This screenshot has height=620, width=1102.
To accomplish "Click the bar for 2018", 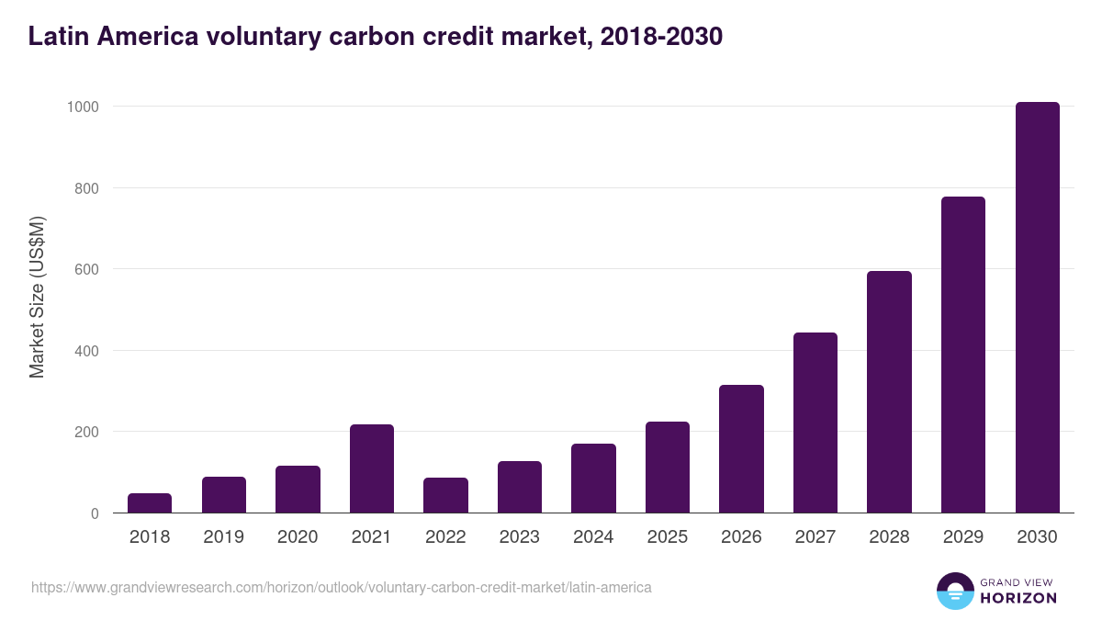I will click(150, 503).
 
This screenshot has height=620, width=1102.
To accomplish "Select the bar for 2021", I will click(372, 468).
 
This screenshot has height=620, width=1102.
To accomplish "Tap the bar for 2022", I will click(445, 495).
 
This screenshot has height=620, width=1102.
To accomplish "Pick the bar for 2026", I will click(741, 448).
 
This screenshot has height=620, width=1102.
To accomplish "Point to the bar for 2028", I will click(889, 392).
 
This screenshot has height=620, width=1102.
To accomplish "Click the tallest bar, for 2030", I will click(1037, 308).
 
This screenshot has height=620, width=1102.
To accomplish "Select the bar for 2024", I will click(593, 479).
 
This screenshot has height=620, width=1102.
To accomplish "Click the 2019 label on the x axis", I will click(223, 537).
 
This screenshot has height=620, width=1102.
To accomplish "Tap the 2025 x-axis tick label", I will click(668, 537).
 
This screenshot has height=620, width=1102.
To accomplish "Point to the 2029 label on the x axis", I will click(963, 537).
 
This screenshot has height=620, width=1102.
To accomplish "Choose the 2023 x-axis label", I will click(520, 537).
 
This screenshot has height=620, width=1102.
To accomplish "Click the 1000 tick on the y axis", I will click(83, 107).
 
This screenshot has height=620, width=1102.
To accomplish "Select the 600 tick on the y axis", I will click(87, 269).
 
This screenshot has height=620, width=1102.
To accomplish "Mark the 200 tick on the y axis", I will click(87, 432).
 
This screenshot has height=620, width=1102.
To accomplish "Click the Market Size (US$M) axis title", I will click(37, 297).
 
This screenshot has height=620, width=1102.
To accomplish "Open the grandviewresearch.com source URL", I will click(342, 587).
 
